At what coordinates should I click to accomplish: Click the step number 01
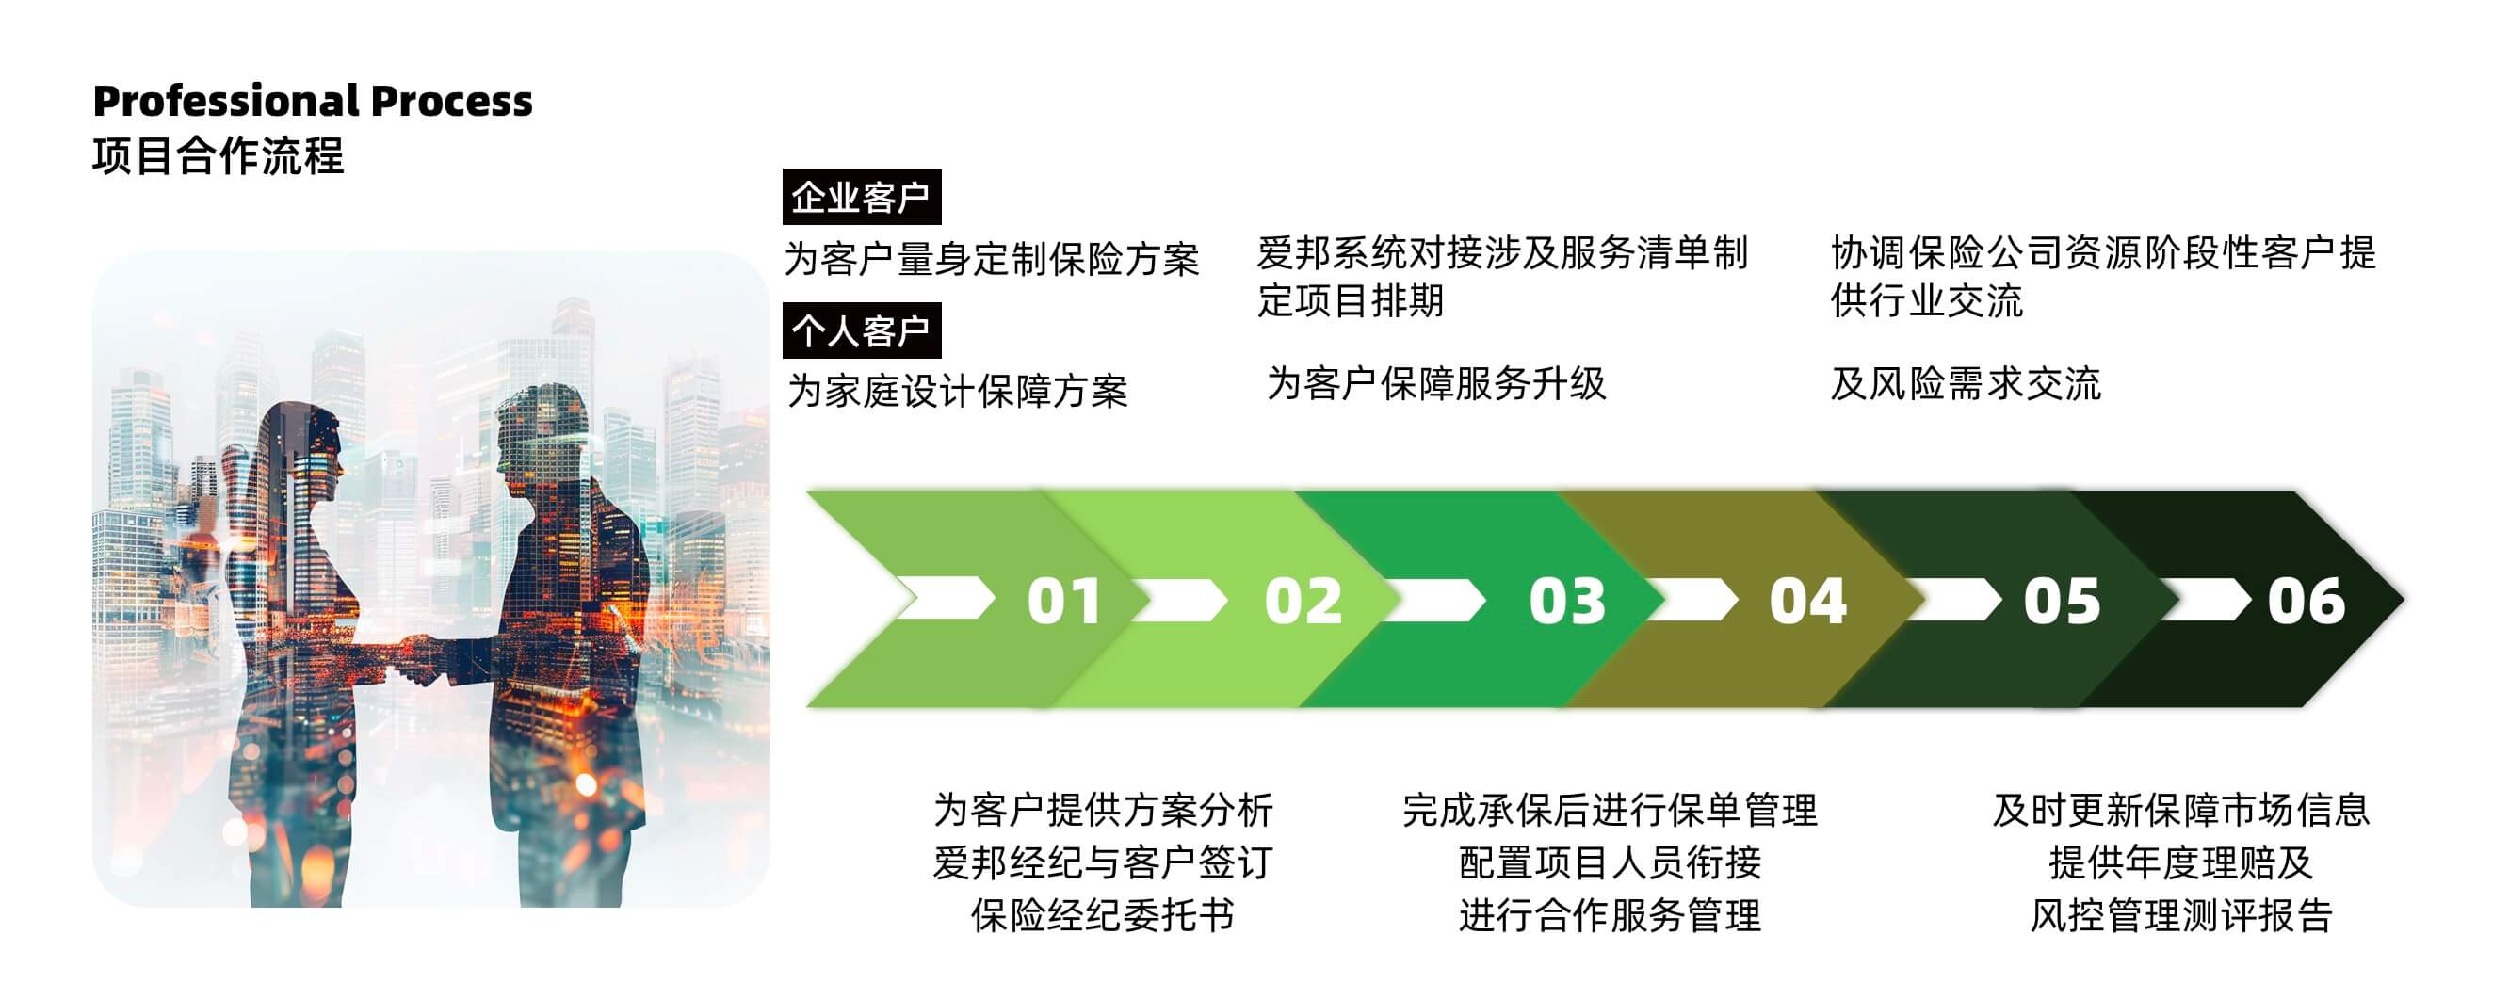pyautogui.click(x=1063, y=601)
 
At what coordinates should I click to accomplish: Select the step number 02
pyautogui.click(x=1303, y=601)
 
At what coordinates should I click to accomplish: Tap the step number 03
pyautogui.click(x=1567, y=601)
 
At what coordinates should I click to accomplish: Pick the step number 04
pyautogui.click(x=1806, y=601)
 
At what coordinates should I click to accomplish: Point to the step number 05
pyautogui.click(x=2062, y=601)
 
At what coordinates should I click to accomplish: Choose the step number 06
pyautogui.click(x=2307, y=601)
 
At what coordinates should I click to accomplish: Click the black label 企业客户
pyautogui.click(x=861, y=198)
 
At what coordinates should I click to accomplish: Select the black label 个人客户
pyautogui.click(x=861, y=330)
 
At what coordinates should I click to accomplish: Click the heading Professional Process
pyautogui.click(x=313, y=101)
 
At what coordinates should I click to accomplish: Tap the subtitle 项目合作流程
pyautogui.click(x=218, y=156)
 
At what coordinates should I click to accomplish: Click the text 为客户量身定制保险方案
pyautogui.click(x=991, y=259)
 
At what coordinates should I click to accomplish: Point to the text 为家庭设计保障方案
pyautogui.click(x=957, y=391)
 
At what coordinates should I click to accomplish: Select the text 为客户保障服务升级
pyautogui.click(x=1436, y=384)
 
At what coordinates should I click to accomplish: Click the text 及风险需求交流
pyautogui.click(x=1966, y=384)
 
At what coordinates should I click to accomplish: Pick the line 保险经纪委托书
pyautogui.click(x=1102, y=914)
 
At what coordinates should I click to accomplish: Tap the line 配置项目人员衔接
pyautogui.click(x=1610, y=862)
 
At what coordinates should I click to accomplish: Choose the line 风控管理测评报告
pyautogui.click(x=2180, y=914)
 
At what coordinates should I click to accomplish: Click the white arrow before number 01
pyautogui.click(x=945, y=598)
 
